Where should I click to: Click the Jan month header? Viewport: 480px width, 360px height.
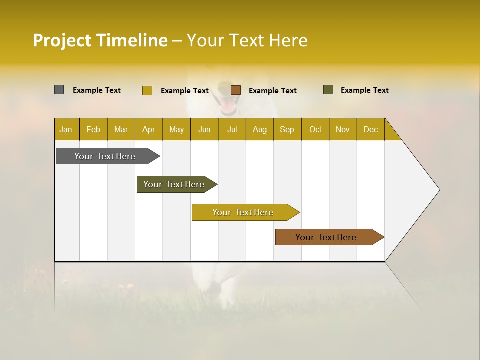point(66,129)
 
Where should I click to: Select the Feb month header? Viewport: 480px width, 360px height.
point(93,129)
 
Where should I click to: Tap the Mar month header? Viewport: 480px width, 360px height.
point(121,129)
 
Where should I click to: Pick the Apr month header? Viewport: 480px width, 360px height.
point(149,129)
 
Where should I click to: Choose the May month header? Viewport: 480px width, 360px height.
point(176,129)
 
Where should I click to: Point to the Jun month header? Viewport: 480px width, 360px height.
point(204,129)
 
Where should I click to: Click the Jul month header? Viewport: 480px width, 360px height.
point(232,129)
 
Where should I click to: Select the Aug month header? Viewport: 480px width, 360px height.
point(260,129)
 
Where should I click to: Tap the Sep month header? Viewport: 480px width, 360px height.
point(287,129)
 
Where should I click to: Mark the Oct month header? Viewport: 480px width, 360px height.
point(315,129)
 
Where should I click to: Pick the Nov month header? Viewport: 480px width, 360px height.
point(343,129)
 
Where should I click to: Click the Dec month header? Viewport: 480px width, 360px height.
point(371,129)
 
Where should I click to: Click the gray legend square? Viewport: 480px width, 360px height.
point(59,90)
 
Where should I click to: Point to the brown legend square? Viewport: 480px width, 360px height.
point(236,90)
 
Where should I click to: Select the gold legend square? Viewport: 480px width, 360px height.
point(147,90)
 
